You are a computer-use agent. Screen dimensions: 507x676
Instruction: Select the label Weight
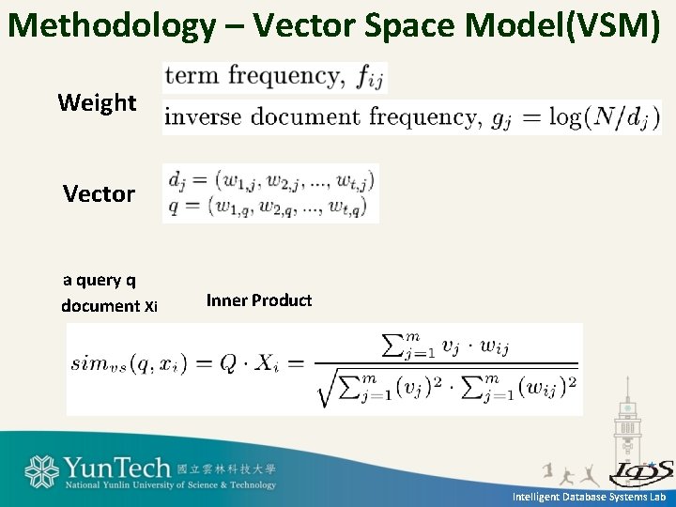coord(97,102)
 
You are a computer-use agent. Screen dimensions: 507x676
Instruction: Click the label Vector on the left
coord(99,193)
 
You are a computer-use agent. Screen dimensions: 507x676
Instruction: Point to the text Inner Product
coord(259,300)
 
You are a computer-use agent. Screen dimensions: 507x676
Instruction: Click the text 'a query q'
coord(99,279)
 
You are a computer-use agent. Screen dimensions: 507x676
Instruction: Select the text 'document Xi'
coord(109,305)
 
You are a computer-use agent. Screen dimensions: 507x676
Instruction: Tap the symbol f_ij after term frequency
coord(370,77)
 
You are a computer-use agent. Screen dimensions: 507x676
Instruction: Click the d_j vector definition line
coord(270,177)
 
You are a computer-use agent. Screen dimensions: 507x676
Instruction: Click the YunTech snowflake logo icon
coord(42,472)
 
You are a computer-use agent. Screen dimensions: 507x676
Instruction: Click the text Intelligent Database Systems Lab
coord(589,497)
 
